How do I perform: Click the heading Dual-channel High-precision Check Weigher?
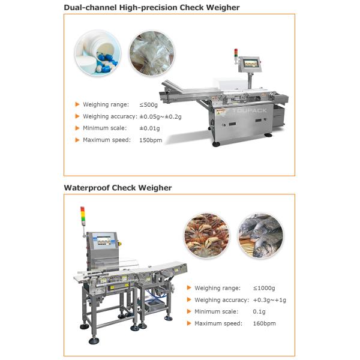click(151, 8)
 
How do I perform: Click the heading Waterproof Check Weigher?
click(118, 188)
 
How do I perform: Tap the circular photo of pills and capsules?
click(98, 53)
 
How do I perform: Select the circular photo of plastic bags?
click(152, 53)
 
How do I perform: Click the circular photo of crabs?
click(206, 235)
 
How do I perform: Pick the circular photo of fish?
click(260, 235)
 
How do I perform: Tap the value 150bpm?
click(151, 140)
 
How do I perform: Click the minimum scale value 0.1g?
click(259, 311)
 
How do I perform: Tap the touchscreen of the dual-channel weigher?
click(251, 64)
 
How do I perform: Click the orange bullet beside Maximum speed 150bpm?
click(77, 140)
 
